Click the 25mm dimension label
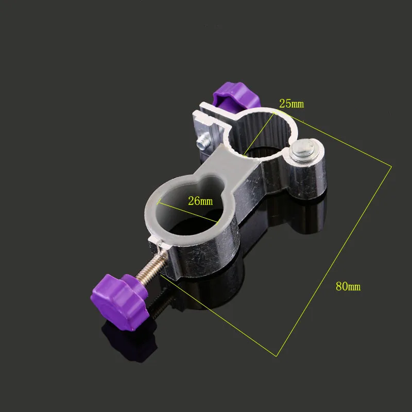coord(291,104)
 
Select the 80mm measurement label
coord(348,287)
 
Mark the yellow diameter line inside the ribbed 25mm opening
coord(260,129)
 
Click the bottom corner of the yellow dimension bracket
coord(278,355)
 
